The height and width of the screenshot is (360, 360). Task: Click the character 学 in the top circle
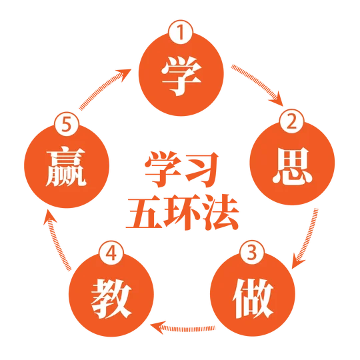[181, 76]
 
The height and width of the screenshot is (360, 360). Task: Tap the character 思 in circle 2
[292, 166]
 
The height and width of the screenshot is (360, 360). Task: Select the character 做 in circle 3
[253, 298]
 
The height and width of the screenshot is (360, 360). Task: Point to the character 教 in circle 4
[111, 299]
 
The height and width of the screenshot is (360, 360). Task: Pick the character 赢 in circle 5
[66, 168]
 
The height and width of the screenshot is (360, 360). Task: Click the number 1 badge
[181, 32]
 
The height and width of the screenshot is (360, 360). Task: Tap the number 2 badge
[291, 121]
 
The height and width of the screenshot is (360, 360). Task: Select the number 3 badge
[252, 252]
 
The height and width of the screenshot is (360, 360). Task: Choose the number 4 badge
[111, 253]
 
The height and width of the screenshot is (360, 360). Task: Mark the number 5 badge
[67, 125]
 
